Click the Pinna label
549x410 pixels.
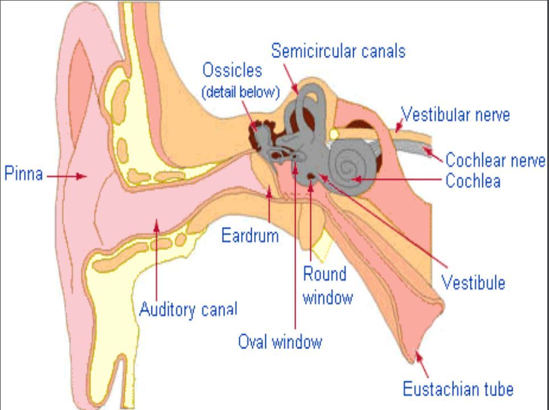[24, 174]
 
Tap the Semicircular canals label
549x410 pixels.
[338, 51]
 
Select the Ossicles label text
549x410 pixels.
[232, 71]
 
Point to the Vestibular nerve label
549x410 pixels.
[456, 114]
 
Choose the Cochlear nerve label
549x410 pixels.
[495, 160]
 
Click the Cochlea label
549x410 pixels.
[473, 181]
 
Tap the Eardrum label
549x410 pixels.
[250, 235]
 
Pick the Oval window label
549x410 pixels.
[280, 342]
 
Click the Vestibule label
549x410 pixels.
[473, 282]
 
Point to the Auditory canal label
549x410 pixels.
[188, 310]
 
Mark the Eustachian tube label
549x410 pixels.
[458, 389]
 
